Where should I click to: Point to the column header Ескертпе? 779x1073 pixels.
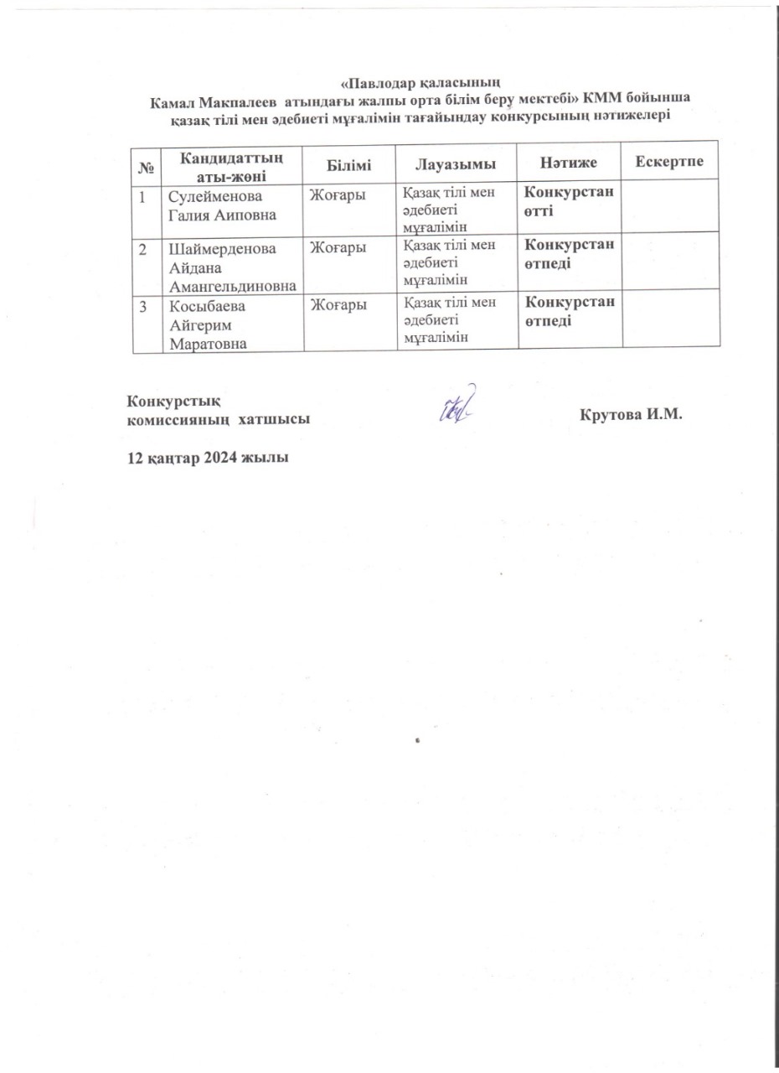(670, 161)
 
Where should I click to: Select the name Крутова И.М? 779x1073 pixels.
(632, 415)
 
